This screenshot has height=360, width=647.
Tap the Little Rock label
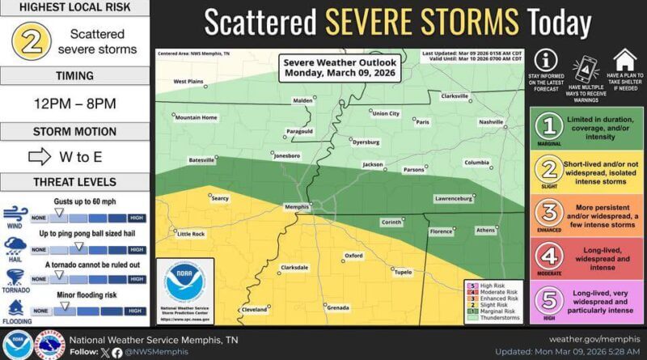(x=192, y=234)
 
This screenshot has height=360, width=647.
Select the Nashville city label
(x=490, y=122)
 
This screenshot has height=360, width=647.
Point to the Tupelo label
(x=403, y=272)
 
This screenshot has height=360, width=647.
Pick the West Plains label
(x=188, y=81)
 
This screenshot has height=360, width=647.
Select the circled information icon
(x=546, y=60)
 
